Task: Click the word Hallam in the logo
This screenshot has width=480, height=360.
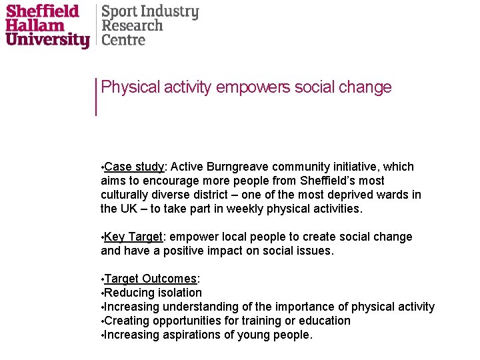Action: [x=35, y=25]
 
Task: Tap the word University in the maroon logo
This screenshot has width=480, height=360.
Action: [x=47, y=40]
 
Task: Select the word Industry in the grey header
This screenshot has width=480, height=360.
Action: [x=169, y=12]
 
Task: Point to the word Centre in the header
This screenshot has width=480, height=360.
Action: [x=123, y=40]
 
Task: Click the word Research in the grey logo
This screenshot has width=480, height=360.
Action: [x=132, y=26]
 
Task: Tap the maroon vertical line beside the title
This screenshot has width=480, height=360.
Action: [x=97, y=96]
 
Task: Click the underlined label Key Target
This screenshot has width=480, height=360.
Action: [x=133, y=237]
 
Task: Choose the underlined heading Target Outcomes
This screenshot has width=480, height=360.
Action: [x=150, y=279]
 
